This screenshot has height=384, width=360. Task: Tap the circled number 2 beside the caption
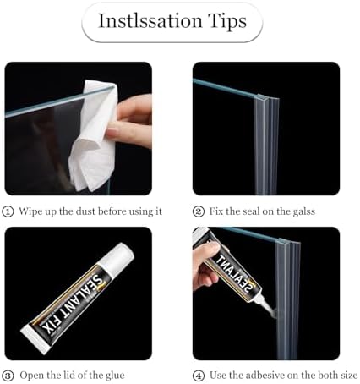[x=199, y=211]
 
